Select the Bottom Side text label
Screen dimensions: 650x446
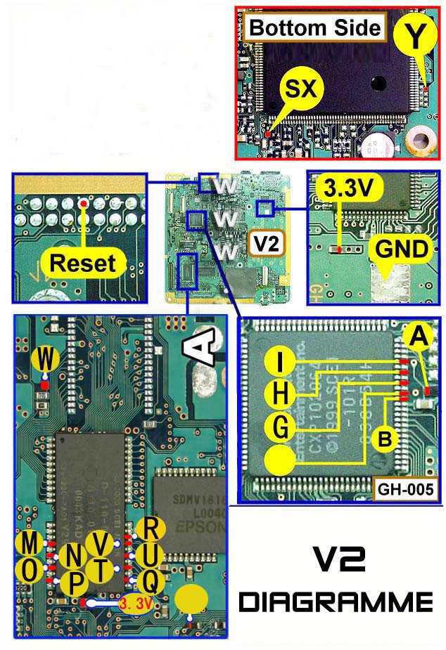[315, 29]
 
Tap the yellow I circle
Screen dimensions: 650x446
[281, 364]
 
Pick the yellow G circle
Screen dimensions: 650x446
[281, 427]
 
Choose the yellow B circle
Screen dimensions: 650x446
[386, 438]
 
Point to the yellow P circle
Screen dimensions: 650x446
[75, 583]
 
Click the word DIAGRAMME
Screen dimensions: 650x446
[335, 602]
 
